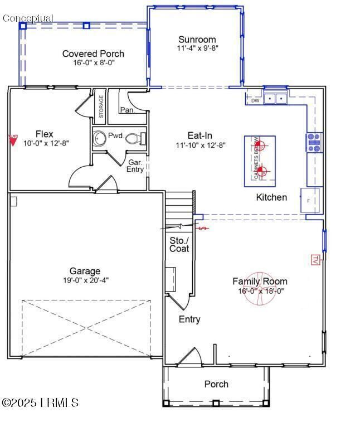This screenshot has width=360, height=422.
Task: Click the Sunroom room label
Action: click(x=197, y=40)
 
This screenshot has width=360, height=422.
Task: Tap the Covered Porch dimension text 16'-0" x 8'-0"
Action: click(x=93, y=62)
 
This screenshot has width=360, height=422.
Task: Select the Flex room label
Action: click(x=45, y=134)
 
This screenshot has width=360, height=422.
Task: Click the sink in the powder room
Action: click(x=100, y=137)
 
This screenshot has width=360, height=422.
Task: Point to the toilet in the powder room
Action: click(x=136, y=138)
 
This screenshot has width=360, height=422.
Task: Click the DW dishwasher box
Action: click(x=255, y=100)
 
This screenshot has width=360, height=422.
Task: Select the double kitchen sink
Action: click(x=275, y=99)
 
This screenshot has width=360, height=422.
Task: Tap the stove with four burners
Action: click(x=314, y=143)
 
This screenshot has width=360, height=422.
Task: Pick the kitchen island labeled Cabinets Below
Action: click(x=260, y=161)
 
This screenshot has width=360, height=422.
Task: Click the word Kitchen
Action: click(x=271, y=197)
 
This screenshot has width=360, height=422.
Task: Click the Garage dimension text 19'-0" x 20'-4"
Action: click(x=85, y=280)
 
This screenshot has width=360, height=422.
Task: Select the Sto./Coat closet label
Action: click(x=179, y=244)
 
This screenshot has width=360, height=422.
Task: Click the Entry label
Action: click(x=189, y=319)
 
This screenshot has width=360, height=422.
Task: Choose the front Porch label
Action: click(x=216, y=384)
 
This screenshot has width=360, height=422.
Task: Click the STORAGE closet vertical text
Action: click(x=101, y=106)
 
